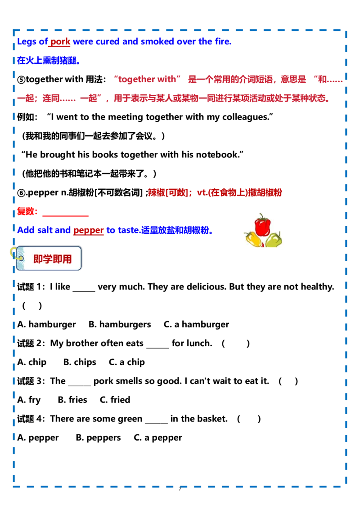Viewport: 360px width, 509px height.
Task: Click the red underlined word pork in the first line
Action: [60, 41]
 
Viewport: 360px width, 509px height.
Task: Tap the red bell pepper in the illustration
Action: [262, 225]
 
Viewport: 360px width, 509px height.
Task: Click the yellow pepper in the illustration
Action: [253, 238]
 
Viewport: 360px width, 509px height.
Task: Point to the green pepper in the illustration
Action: [274, 240]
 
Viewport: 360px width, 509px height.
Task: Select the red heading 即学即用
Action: [52, 259]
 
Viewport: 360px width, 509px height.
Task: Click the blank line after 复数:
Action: [65, 215]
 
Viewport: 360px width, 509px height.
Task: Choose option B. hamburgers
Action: [120, 324]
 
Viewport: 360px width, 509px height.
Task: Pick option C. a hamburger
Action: [196, 324]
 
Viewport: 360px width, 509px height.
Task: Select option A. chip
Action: [32, 362]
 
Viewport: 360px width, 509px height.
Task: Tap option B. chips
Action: [80, 362]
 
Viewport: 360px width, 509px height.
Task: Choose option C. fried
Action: [115, 400]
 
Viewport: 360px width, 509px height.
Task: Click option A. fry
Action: [29, 400]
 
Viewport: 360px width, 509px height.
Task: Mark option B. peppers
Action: [98, 438]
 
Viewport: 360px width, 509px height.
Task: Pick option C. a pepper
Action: [158, 438]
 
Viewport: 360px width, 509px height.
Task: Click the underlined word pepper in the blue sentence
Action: [88, 230]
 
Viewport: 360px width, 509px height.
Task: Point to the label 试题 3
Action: [31, 381]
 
